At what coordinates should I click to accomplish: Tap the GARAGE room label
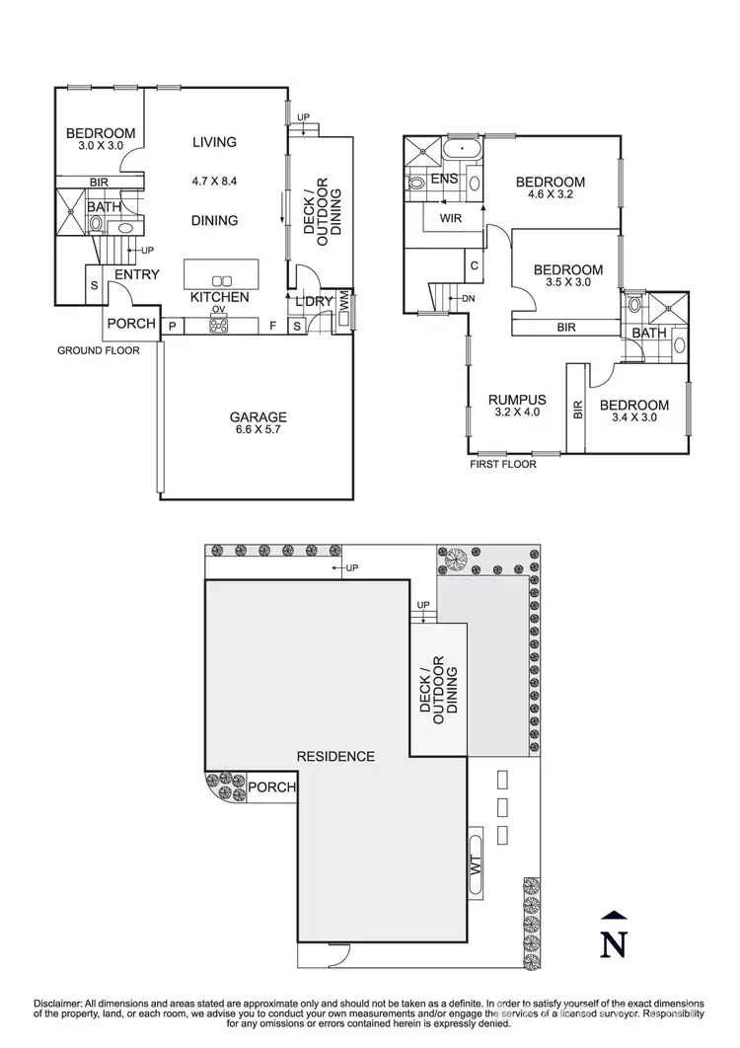[259, 416]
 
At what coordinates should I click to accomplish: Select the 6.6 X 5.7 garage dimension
[259, 431]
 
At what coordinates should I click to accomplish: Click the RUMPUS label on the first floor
[518, 400]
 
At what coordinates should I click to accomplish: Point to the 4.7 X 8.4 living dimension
[214, 182]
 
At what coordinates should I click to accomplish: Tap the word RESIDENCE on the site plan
[335, 757]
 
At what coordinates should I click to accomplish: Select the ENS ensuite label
[443, 180]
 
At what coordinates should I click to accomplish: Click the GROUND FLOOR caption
[98, 350]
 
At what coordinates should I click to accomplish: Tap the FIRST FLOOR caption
[503, 464]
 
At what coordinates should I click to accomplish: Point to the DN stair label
[469, 298]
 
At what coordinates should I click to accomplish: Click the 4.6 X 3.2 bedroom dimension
[550, 195]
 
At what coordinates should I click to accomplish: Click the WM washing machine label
[344, 305]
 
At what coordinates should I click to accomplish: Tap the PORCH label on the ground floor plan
[131, 324]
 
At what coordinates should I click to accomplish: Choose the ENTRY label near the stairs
[137, 274]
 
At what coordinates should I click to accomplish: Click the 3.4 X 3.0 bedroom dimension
[633, 417]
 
